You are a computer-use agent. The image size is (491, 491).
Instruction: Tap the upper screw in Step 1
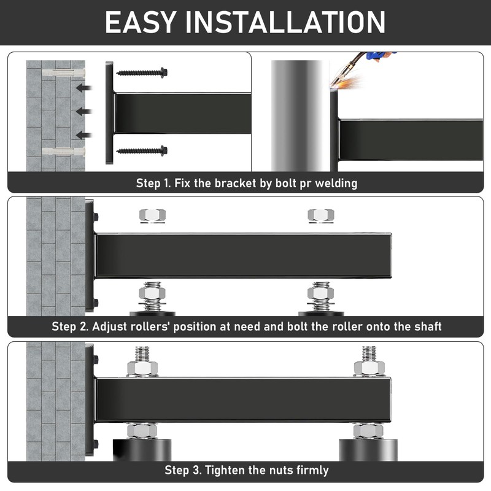[142, 72]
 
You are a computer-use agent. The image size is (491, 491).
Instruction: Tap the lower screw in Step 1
[142, 150]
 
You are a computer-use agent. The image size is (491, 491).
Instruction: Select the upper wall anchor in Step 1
[61, 73]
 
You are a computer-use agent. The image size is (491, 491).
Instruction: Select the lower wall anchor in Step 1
[61, 151]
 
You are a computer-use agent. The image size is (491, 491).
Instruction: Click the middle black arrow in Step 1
[83, 112]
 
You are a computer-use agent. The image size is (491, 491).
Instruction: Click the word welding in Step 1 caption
[335, 183]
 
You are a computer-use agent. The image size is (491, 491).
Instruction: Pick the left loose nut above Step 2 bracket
[152, 215]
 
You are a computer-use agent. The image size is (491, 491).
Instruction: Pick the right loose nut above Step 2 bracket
[320, 215]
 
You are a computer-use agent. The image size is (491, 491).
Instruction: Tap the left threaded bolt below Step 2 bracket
[152, 296]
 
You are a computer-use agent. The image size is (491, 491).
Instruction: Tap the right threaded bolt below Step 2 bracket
[320, 296]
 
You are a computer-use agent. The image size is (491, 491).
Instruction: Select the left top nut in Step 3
[142, 367]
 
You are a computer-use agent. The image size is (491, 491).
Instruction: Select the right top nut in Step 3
[369, 367]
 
